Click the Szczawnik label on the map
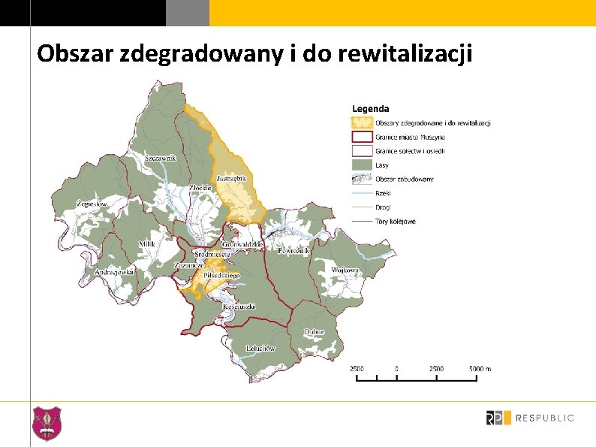160,158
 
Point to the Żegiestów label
92,204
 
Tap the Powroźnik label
294,252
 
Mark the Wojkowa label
345,270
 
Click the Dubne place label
315,331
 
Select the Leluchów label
260,349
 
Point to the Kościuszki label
239,307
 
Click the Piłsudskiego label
222,276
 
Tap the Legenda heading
371,109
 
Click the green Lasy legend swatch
363,165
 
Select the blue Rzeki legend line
363,193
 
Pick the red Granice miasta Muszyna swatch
363,137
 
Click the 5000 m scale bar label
480,369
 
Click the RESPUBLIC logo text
546,418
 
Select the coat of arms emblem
47,423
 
